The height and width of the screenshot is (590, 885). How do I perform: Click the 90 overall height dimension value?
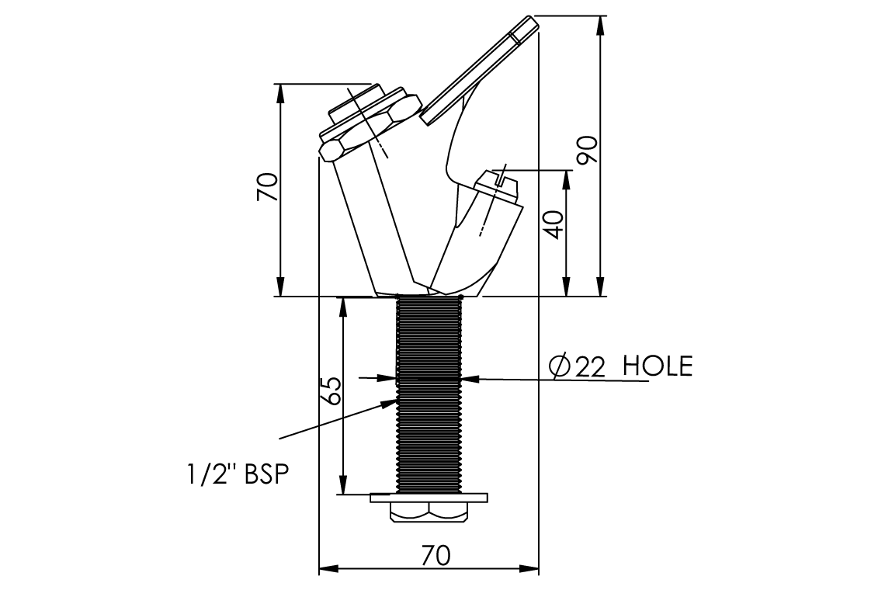pos(588,150)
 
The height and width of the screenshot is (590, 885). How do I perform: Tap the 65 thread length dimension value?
pos(331,390)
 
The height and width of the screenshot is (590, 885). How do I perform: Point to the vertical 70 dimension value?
pos(268,187)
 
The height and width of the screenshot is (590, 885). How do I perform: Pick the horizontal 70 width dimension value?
pos(436,556)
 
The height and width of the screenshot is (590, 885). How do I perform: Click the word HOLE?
pos(658,366)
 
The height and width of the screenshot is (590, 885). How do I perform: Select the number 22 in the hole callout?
pos(590,367)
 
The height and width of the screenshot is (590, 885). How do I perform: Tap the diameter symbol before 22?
pos(561,367)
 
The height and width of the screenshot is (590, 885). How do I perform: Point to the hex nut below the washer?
pos(429,512)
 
